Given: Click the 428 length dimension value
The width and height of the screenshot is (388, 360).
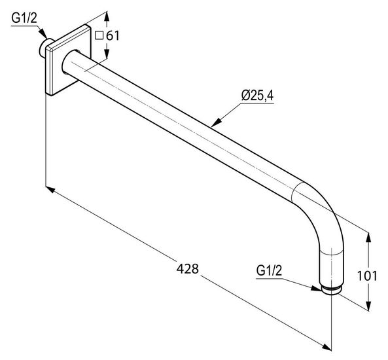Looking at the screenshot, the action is point(187,268).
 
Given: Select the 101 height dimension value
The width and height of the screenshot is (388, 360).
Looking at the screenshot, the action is point(367,276).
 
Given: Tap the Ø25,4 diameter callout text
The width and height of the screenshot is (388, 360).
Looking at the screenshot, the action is point(257,96).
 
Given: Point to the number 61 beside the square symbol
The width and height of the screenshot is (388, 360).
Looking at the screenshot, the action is point(113,36).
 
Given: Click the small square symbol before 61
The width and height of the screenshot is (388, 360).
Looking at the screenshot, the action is point(99,36).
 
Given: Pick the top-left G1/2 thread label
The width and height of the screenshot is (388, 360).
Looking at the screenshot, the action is point(24,18).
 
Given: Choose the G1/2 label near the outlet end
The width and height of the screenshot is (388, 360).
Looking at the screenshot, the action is point(269,270).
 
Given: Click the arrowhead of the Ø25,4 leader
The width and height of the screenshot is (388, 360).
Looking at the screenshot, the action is point(217,122).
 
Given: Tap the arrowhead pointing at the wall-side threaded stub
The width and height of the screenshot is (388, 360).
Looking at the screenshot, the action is point(43,33).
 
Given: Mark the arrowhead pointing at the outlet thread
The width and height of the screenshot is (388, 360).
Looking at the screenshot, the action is point(316,288).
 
